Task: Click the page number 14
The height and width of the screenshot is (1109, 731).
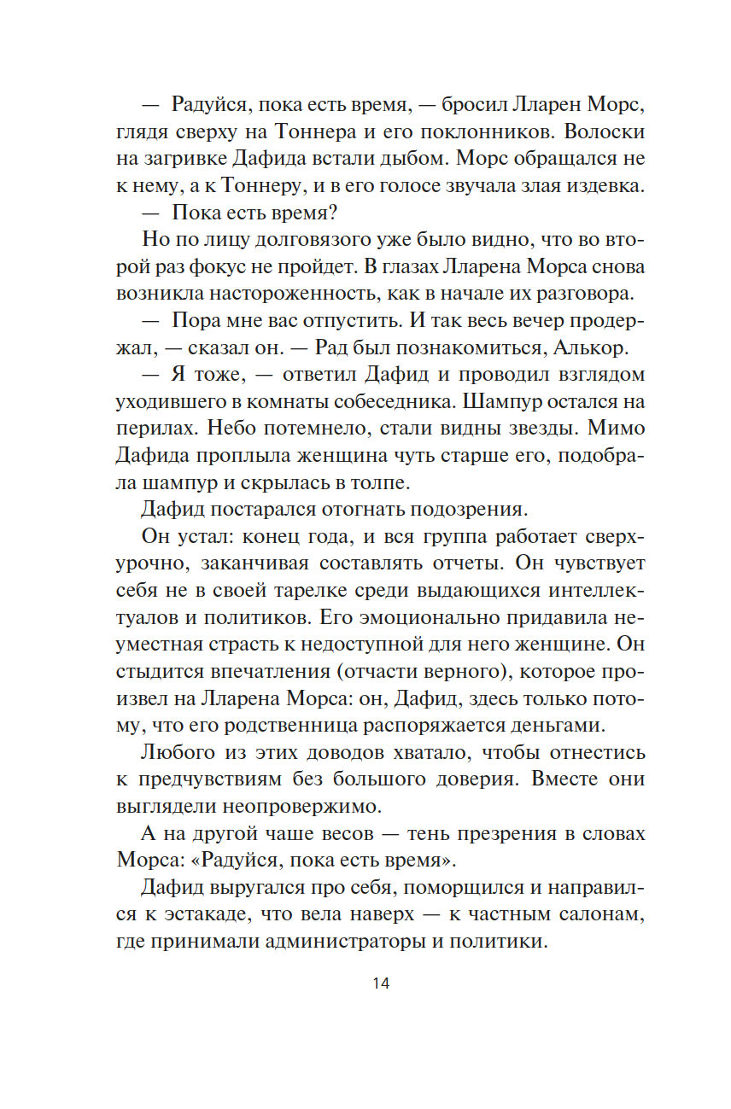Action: click(x=381, y=983)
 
